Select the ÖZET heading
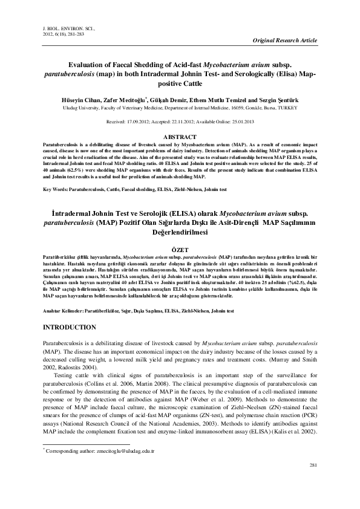tap(180, 249)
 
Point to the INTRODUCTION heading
tap(70, 326)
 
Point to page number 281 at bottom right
tap(313, 481)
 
